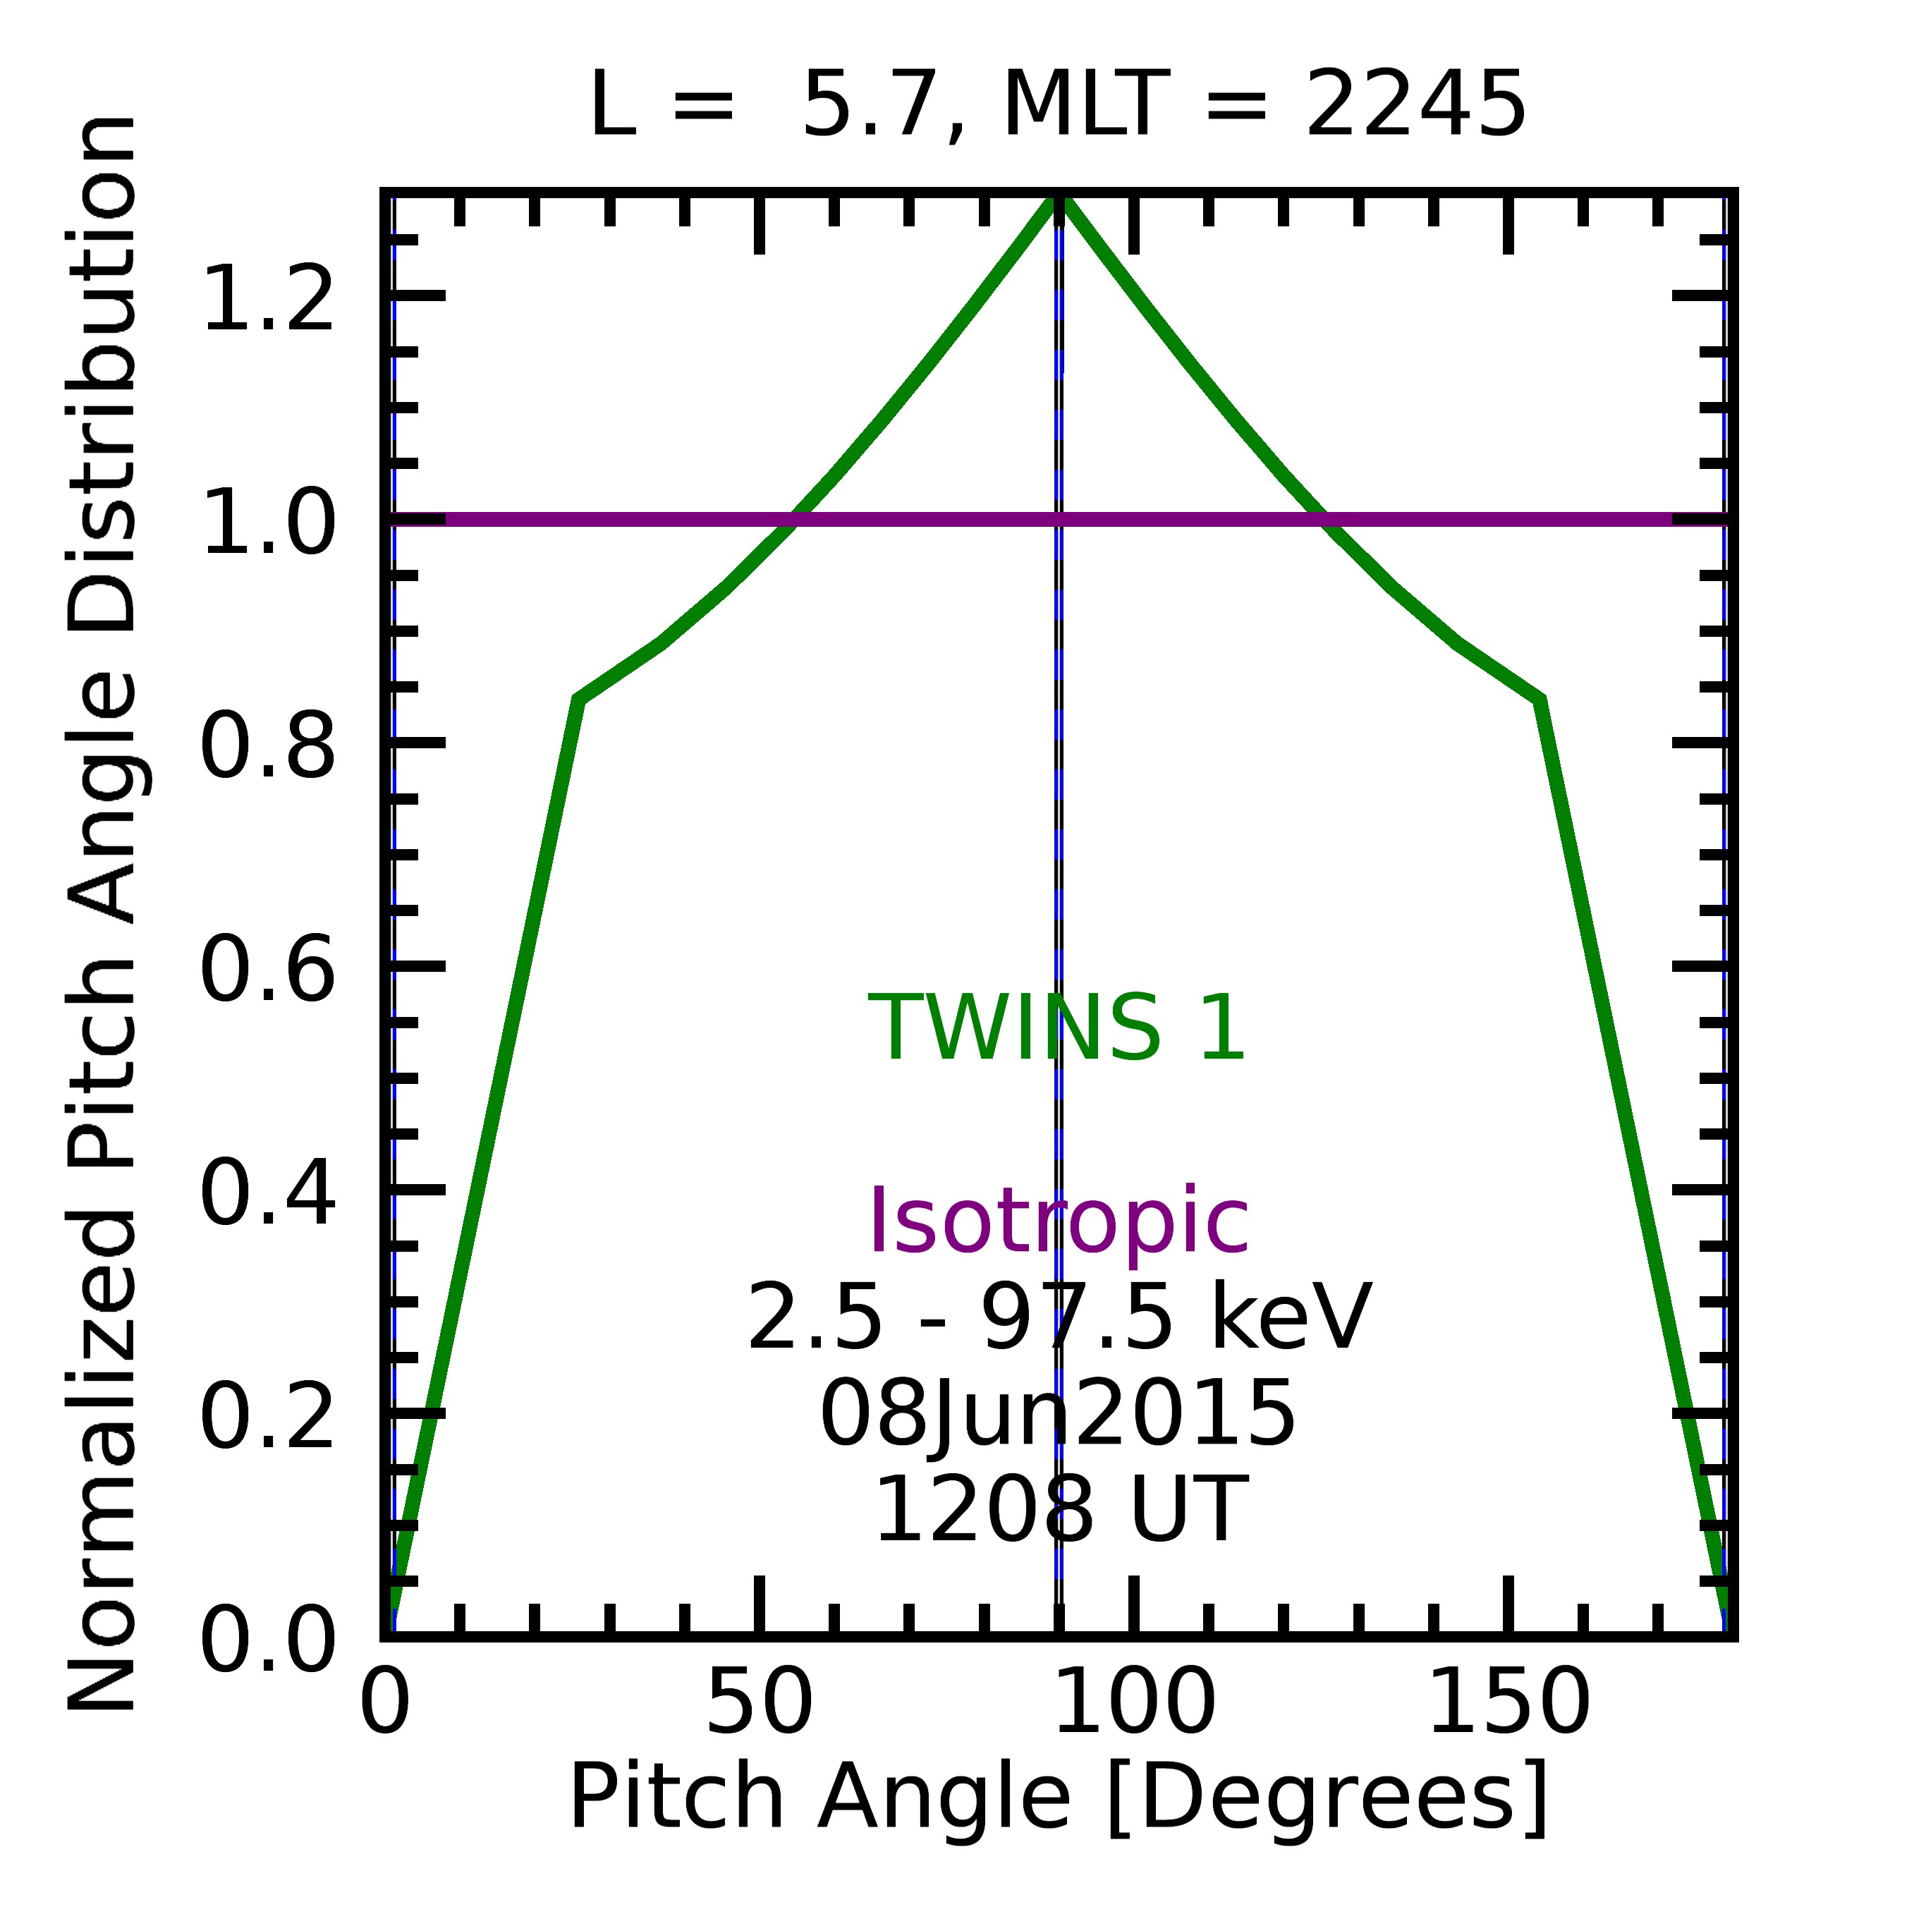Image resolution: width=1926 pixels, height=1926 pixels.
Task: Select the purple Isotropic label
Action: click(x=1059, y=1222)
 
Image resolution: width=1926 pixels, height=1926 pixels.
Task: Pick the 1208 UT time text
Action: click(x=1059, y=1511)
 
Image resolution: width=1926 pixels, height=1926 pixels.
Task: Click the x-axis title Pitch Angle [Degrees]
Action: click(x=1059, y=1796)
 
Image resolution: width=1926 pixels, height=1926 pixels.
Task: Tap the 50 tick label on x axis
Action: click(x=760, y=1702)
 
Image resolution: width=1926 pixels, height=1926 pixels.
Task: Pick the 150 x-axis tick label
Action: click(x=1509, y=1702)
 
